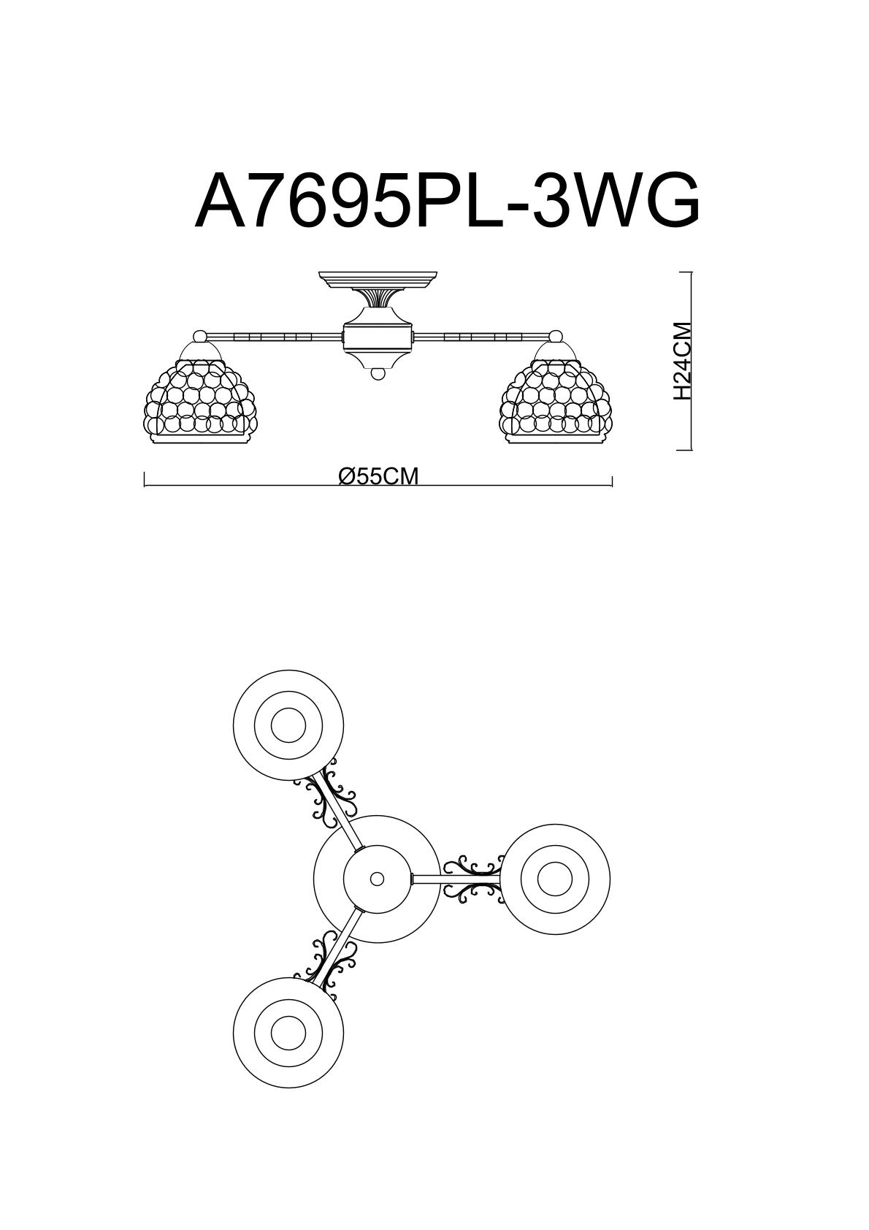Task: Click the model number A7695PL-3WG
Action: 447,200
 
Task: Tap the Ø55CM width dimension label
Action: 379,476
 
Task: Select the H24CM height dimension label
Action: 681,361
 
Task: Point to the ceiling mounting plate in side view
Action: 378,279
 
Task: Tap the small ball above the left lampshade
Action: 199,337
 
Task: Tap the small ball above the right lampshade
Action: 556,337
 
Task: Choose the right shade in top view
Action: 555,879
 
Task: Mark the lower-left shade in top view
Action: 288,1032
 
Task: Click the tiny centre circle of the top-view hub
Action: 377,879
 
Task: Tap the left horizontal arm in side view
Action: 274,337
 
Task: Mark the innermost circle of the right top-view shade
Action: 555,879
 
